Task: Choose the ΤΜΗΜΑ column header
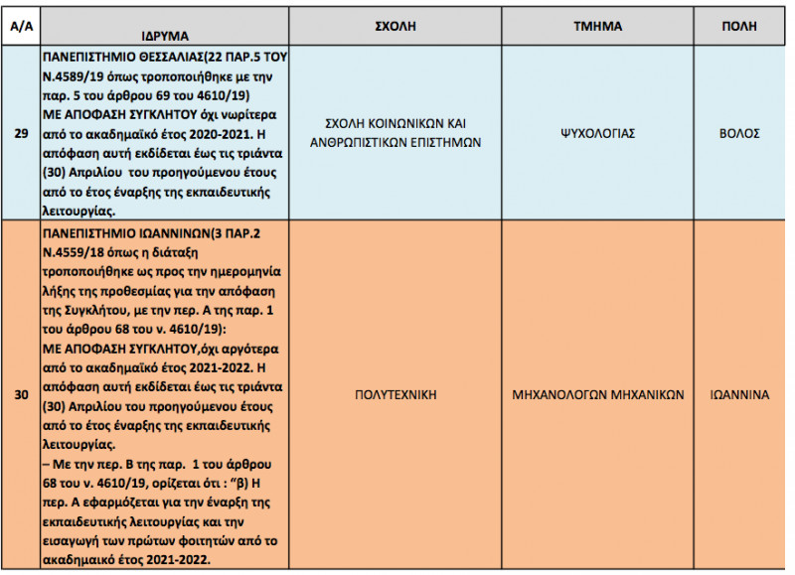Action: [x=598, y=26]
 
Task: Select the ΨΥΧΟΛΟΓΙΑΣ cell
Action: [x=598, y=133]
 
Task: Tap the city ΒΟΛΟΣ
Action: [x=746, y=133]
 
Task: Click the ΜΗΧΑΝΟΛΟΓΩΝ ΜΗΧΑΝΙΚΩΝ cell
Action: [x=598, y=395]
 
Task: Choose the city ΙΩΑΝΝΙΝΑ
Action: [x=746, y=395]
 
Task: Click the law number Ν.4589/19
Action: [x=76, y=75]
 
